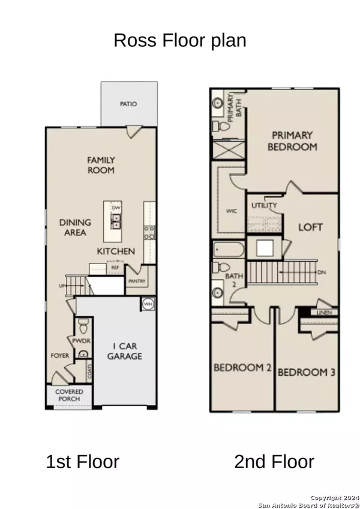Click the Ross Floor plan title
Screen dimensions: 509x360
coord(180,41)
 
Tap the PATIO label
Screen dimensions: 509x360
coord(128,104)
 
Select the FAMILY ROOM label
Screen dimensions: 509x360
coord(101,165)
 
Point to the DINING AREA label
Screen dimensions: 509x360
coord(73,227)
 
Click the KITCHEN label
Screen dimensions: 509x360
coord(116,251)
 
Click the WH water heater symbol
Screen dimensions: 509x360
coord(148,304)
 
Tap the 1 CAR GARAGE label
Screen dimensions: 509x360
coord(125,351)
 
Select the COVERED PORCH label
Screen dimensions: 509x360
coord(70,396)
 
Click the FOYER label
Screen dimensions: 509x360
coord(60,355)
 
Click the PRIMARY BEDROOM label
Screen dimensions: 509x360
coord(294,140)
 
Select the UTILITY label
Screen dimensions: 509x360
coord(265,206)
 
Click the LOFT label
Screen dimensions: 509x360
coord(311,227)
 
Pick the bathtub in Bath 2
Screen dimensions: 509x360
coord(228,250)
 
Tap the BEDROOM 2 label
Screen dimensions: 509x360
coord(243,367)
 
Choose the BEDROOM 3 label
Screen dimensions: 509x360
coord(306,372)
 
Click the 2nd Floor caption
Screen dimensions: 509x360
coord(274,462)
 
